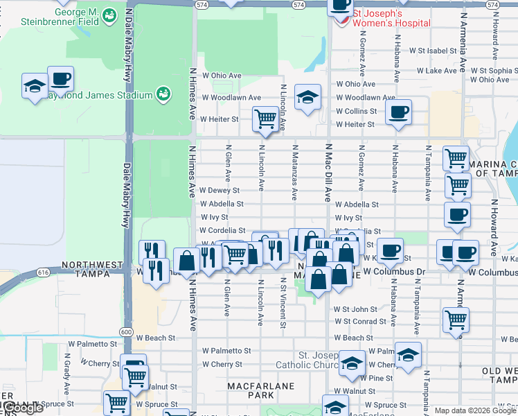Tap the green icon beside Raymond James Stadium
(163, 94)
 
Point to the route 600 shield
(126, 332)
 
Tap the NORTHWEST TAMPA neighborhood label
(92, 265)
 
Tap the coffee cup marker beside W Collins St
(398, 112)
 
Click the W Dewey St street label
(219, 190)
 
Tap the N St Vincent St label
(284, 303)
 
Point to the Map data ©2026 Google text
(475, 410)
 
